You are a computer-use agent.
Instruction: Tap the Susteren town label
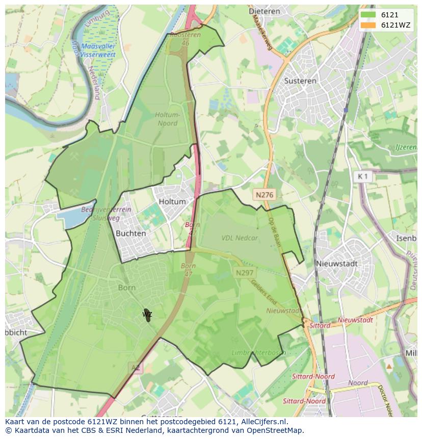tap(300, 81)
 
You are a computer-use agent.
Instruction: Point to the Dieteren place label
tap(265, 10)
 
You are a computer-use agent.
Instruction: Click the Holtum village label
tap(172, 201)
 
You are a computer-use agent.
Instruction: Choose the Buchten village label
tap(131, 233)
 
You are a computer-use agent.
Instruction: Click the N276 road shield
tap(265, 194)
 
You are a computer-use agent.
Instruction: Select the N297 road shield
tap(245, 273)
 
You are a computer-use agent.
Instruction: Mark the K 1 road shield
tap(363, 176)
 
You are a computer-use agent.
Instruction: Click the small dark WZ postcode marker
tap(147, 314)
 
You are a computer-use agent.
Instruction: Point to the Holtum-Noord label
tap(167, 119)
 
